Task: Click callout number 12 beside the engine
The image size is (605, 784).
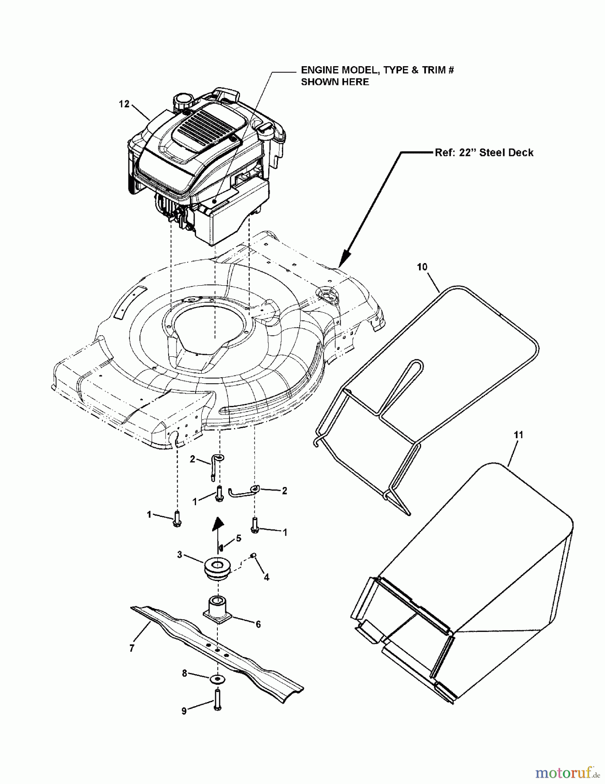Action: pos(124,104)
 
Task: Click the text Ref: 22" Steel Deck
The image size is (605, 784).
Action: pos(484,152)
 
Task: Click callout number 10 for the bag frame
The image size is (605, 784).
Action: pos(422,267)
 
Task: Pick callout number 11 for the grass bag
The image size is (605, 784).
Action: pos(518,434)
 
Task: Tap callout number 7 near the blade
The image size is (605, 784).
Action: pos(132,648)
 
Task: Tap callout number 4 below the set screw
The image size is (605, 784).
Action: pos(267,577)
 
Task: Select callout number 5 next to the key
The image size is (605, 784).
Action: pos(238,538)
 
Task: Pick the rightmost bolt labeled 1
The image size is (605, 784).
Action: pos(255,524)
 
